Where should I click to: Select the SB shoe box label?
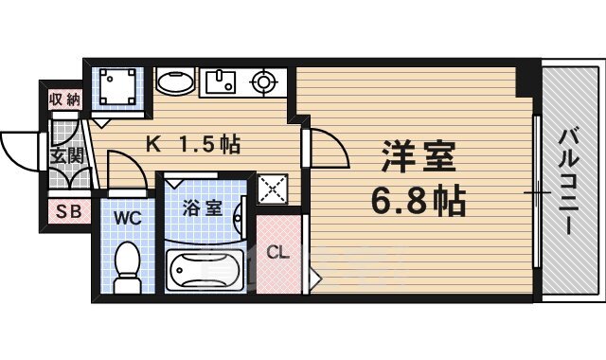pyautogui.click(x=67, y=211)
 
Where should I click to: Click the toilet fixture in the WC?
pyautogui.click(x=126, y=265)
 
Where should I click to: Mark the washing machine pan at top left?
pyautogui.click(x=117, y=89)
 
